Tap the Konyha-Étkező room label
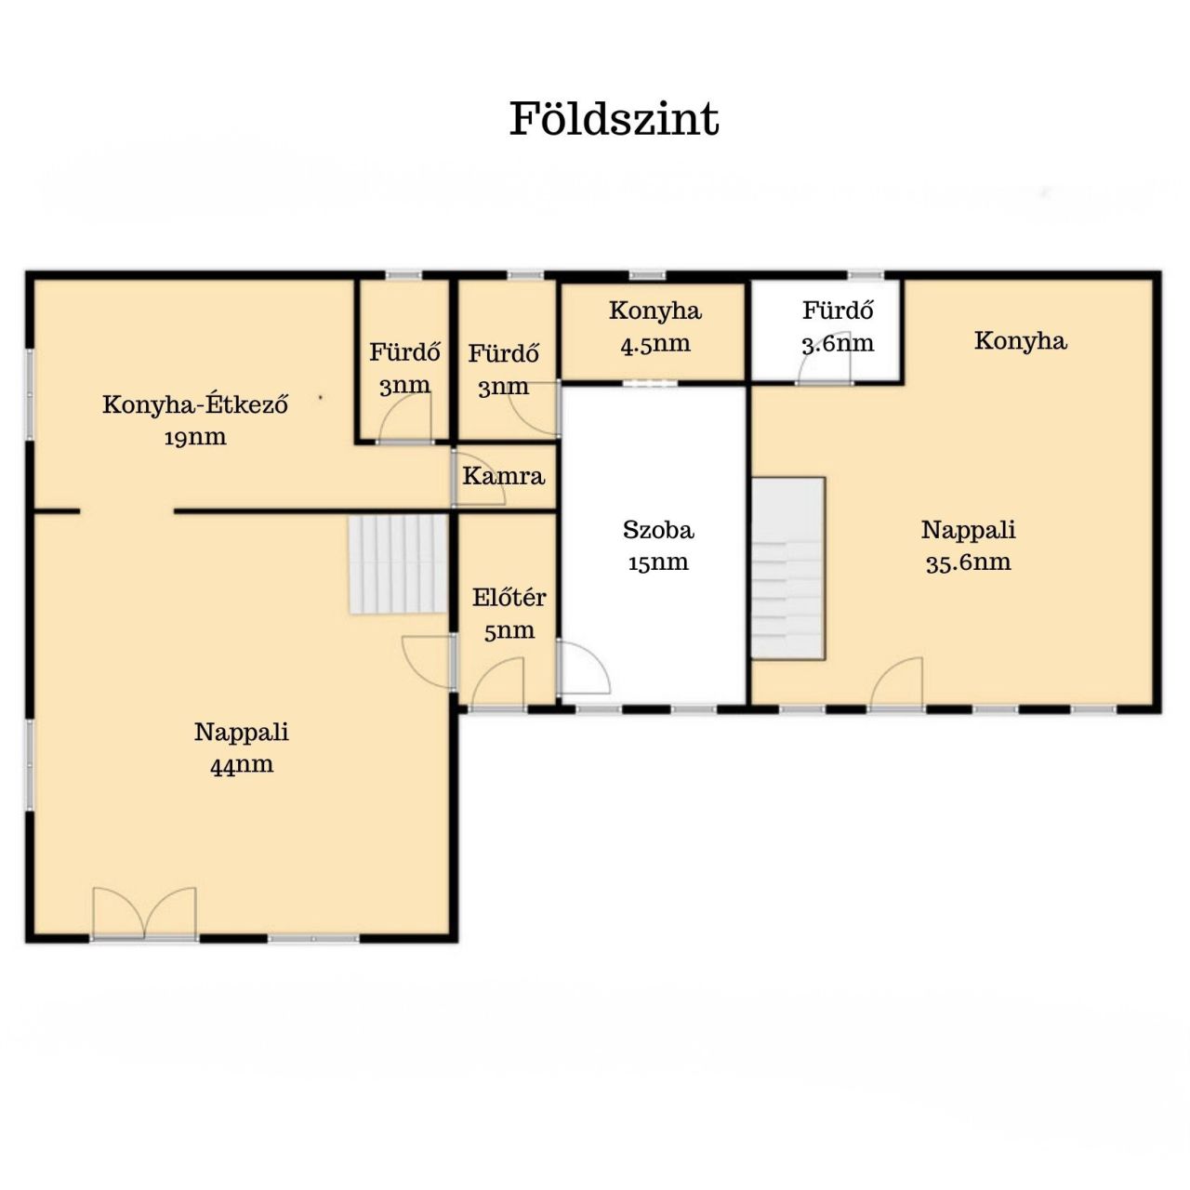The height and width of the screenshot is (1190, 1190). click(x=195, y=404)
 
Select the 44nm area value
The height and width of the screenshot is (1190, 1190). click(x=242, y=765)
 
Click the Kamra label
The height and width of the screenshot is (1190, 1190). click(x=503, y=476)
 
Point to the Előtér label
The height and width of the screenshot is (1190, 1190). click(x=509, y=597)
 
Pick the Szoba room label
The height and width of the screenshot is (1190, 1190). click(x=658, y=530)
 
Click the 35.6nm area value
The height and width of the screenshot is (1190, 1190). click(x=969, y=562)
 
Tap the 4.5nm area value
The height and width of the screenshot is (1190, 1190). click(x=655, y=343)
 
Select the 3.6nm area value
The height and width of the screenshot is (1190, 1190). click(x=838, y=343)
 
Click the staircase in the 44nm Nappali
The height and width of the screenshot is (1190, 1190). click(x=398, y=564)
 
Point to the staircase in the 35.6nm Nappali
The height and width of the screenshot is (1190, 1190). click(x=788, y=568)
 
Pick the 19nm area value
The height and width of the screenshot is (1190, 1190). click(x=195, y=437)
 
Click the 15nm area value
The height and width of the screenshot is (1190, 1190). click(x=658, y=562)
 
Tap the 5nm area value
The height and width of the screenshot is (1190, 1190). click(x=509, y=630)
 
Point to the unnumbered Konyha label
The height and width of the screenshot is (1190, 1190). click(x=1020, y=341)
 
